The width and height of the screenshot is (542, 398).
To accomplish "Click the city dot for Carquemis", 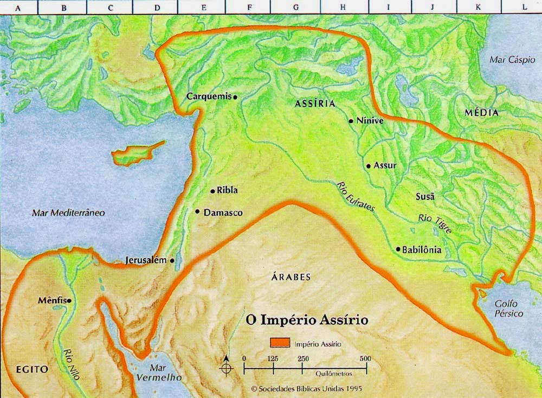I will (235, 97).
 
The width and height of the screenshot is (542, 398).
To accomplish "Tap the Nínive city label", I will (370, 121).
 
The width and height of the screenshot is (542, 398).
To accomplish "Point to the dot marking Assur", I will (369, 165).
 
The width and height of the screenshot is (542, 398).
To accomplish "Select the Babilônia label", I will (422, 250).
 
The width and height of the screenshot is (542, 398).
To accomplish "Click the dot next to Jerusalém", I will (172, 260).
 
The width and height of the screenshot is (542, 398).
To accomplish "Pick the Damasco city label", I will (223, 213).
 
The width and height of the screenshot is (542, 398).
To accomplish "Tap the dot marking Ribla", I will (212, 191).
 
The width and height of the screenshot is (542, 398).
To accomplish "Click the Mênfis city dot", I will (69, 300).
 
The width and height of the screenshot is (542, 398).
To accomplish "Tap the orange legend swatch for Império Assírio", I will (281, 343).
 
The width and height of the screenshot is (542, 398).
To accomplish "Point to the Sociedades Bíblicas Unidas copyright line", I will (306, 389).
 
